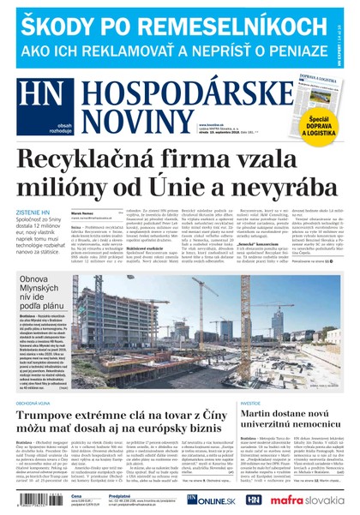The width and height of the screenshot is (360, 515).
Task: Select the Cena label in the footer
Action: pos(76,496)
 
